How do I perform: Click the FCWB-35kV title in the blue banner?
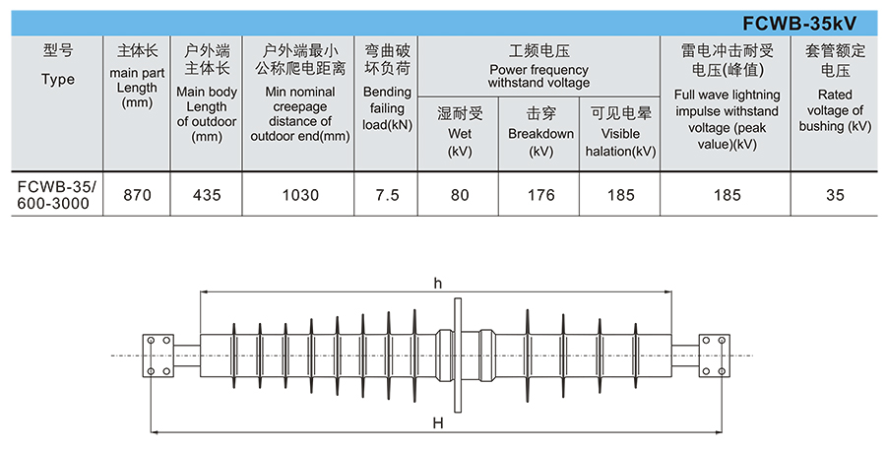[x=799, y=24]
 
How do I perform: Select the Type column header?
[x=58, y=65]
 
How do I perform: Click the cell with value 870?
[x=137, y=195]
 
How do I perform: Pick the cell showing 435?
[x=207, y=195]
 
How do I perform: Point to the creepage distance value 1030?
[x=300, y=195]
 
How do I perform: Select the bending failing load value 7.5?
[x=387, y=195]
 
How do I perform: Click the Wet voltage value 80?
[x=460, y=195]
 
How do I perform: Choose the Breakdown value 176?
[x=540, y=195]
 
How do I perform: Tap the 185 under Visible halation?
[x=620, y=195]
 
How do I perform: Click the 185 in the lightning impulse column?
[x=727, y=195]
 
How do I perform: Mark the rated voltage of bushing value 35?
[x=835, y=195]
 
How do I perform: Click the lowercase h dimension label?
[x=438, y=284]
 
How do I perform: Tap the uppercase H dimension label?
[x=438, y=422]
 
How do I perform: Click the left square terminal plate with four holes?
[x=158, y=355]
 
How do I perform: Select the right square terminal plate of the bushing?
[x=715, y=355]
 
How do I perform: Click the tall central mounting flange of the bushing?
[x=458, y=355]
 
